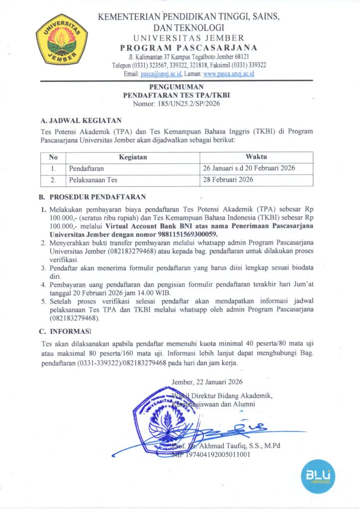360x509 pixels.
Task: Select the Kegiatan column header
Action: (x=133, y=157)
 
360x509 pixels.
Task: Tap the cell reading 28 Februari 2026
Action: (x=227, y=179)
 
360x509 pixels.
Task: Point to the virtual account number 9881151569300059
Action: (x=189, y=234)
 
